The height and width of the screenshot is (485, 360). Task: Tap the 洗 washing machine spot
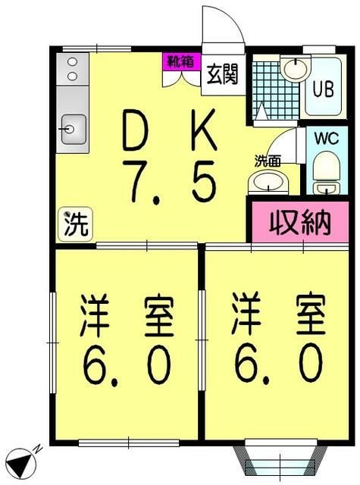[x=75, y=225]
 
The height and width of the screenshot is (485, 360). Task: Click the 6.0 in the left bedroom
[x=127, y=366]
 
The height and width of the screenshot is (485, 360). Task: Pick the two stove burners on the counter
[x=72, y=70]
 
